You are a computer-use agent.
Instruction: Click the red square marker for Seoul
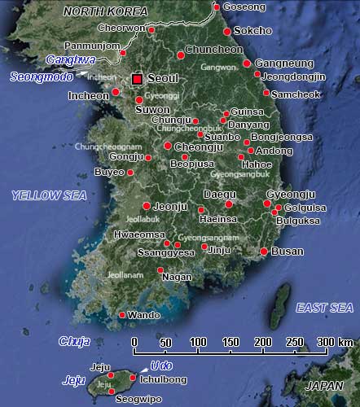137,79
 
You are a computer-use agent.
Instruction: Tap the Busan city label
288,252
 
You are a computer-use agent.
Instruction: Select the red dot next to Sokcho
226,32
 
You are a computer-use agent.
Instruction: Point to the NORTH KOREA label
105,11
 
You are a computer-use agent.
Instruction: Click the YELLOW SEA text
49,195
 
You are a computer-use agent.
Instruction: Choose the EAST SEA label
325,307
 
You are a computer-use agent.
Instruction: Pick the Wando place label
143,315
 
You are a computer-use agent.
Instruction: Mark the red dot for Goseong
216,7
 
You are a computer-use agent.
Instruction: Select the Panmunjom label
90,46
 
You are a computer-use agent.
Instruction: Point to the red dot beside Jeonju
147,206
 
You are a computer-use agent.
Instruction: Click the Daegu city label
218,195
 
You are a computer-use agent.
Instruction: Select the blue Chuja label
74,341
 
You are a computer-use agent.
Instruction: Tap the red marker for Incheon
116,91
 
